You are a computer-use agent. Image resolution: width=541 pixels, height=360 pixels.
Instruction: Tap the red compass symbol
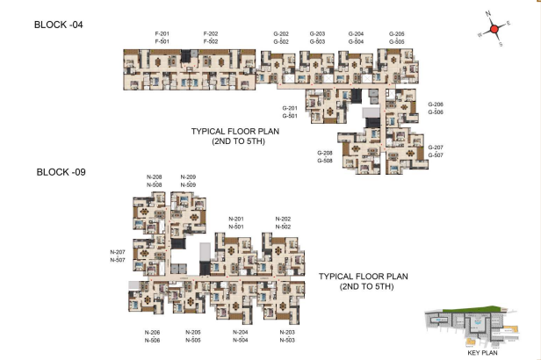tap(494, 28)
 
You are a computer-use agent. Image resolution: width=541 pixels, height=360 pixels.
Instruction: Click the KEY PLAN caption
tap(484, 351)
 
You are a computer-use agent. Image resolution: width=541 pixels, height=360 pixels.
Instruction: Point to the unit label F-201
tap(162, 33)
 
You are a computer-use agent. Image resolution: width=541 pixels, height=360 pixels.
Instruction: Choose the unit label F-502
tap(210, 41)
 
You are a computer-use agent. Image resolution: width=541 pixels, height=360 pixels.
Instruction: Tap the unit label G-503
tap(317, 41)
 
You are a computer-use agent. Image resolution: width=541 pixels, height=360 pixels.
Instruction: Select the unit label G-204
tap(356, 33)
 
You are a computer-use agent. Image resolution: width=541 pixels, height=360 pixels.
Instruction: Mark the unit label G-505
tap(397, 41)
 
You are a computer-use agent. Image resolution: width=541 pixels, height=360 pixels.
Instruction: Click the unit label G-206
tap(436, 104)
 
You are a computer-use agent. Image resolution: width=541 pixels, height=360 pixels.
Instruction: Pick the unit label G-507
tap(436, 155)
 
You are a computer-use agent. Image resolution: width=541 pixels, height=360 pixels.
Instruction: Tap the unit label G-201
tap(291, 108)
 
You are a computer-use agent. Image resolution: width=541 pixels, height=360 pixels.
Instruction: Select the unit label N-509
tap(188, 185)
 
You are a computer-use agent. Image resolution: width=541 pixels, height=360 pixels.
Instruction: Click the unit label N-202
tap(283, 219)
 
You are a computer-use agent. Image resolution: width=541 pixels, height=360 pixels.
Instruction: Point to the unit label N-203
tap(287, 332)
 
